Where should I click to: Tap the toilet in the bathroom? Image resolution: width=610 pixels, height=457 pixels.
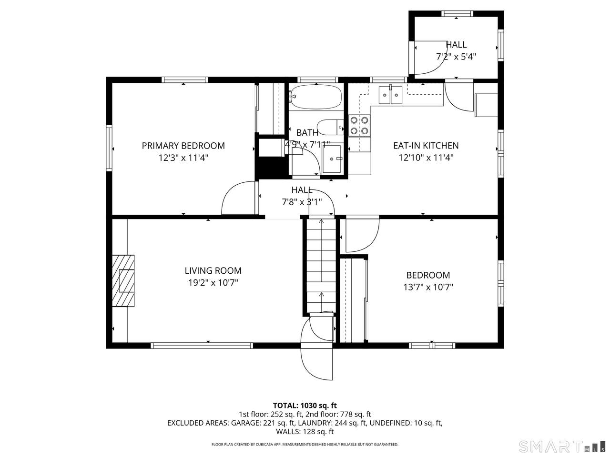[x=330, y=128]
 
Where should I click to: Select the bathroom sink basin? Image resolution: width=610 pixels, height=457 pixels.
[x=332, y=159]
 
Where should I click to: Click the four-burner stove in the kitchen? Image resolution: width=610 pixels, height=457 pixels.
[x=359, y=125]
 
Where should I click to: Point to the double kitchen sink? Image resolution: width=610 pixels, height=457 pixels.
[x=390, y=95]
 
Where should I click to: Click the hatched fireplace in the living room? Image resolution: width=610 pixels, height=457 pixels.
[x=123, y=281]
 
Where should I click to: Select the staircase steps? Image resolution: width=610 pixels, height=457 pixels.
[x=321, y=267]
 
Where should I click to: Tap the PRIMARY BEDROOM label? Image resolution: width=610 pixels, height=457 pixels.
[x=183, y=146]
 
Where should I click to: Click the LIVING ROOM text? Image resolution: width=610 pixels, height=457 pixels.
[x=213, y=270]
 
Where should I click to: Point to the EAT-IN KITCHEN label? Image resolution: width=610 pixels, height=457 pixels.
[x=426, y=145]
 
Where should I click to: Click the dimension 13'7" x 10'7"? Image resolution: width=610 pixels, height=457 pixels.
[x=428, y=287]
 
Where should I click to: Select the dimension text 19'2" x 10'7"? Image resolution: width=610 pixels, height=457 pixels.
[x=213, y=283]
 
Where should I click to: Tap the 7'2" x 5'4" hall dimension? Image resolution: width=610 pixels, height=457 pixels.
[x=456, y=57]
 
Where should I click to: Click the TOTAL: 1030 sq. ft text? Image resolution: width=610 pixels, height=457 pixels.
[x=305, y=406]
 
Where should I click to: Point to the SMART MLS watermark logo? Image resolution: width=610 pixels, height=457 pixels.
[x=562, y=446]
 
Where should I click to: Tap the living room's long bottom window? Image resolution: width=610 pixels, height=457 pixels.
[x=202, y=346]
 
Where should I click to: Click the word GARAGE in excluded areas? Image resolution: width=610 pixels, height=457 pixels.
[x=244, y=423]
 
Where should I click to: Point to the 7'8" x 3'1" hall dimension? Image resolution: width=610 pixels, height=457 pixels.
[x=302, y=202]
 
